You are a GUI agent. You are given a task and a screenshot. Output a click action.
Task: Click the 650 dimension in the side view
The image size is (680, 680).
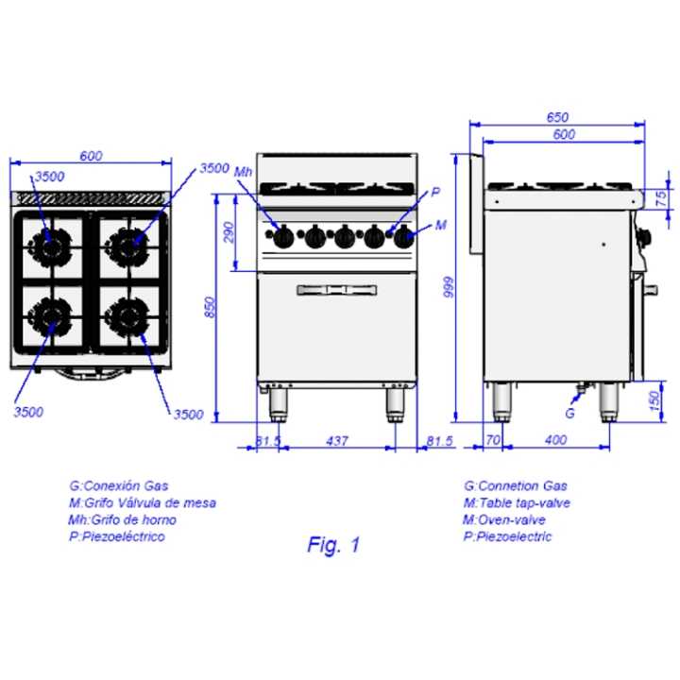pos(557,117)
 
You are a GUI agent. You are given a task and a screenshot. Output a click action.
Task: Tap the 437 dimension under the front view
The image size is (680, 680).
pos(336,439)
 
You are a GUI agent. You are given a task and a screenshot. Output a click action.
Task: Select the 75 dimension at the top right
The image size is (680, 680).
pos(661,197)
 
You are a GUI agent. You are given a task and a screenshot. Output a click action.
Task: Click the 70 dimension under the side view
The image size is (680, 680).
pos(492,439)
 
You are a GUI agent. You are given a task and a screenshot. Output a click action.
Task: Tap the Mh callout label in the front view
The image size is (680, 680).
pos(245,171)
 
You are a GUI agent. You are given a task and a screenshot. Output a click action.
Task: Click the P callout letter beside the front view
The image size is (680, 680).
pos(435,193)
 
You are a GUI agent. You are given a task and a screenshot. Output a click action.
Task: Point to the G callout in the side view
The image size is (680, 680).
pos(569,413)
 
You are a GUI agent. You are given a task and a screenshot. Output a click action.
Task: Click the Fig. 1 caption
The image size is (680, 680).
pos(333,545)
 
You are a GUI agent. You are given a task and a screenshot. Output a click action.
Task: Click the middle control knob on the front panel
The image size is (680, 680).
pos(343,237)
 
